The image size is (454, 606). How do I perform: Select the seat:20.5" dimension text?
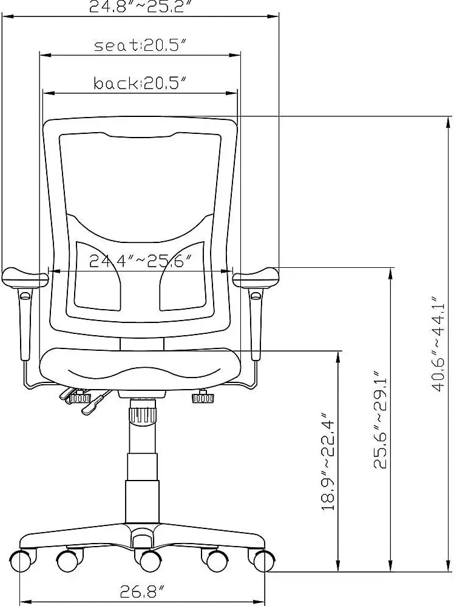tap(139, 46)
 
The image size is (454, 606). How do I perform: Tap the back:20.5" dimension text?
tap(139, 83)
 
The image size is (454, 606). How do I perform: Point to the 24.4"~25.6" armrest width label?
tap(140, 261)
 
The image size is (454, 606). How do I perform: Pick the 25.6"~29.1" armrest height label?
tap(381, 419)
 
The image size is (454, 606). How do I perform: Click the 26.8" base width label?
tap(143, 591)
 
